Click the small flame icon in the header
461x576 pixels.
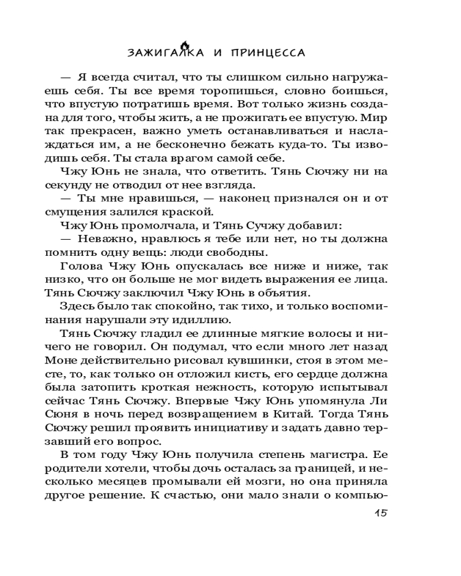(184, 45)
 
